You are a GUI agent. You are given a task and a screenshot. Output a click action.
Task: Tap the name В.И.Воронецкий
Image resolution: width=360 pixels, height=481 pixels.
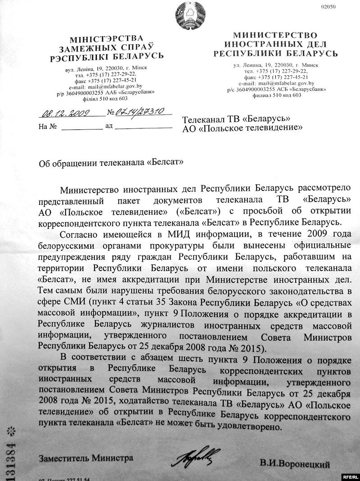point(295,463)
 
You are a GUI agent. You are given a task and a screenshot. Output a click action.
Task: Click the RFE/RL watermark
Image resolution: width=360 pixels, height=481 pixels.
point(349,476)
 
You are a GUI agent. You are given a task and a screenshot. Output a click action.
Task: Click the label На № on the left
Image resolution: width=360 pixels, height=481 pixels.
point(47,127)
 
